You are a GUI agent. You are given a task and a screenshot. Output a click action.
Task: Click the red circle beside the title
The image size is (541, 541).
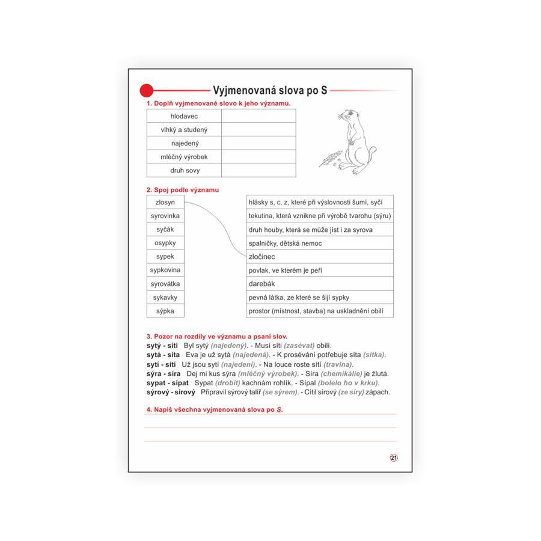point(147,91)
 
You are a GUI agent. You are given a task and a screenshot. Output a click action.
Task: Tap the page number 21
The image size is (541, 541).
point(394,457)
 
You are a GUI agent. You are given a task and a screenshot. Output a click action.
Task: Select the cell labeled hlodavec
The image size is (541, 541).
point(184,116)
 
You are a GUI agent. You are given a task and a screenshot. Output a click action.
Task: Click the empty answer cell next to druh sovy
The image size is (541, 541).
point(258,171)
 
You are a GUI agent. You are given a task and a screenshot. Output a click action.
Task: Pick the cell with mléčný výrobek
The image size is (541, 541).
point(184,157)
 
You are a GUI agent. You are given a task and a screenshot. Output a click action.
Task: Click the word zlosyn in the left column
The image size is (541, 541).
point(165,203)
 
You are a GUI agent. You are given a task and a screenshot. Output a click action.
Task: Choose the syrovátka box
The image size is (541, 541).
point(165,284)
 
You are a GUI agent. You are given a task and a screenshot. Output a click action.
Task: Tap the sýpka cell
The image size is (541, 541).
point(165,311)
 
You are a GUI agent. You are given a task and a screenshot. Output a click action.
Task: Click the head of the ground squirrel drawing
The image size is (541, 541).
point(347,116)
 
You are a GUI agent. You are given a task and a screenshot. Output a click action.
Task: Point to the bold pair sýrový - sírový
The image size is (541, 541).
point(171,392)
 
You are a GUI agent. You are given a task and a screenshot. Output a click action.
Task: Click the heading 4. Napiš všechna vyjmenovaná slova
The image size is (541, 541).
point(214,409)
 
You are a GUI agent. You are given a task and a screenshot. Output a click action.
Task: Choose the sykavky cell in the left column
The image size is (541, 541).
point(165,298)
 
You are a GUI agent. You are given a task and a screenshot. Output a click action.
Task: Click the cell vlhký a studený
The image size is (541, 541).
point(184,130)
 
